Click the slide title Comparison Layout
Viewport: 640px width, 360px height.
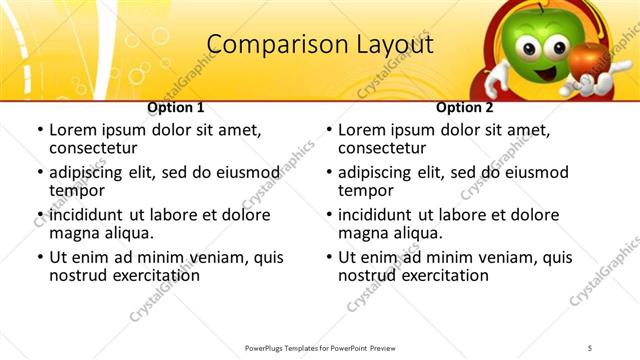click(x=319, y=46)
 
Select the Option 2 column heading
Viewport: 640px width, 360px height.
click(x=464, y=107)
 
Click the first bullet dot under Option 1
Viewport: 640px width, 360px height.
click(x=40, y=131)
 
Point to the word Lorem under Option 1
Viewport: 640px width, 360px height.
click(x=73, y=130)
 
